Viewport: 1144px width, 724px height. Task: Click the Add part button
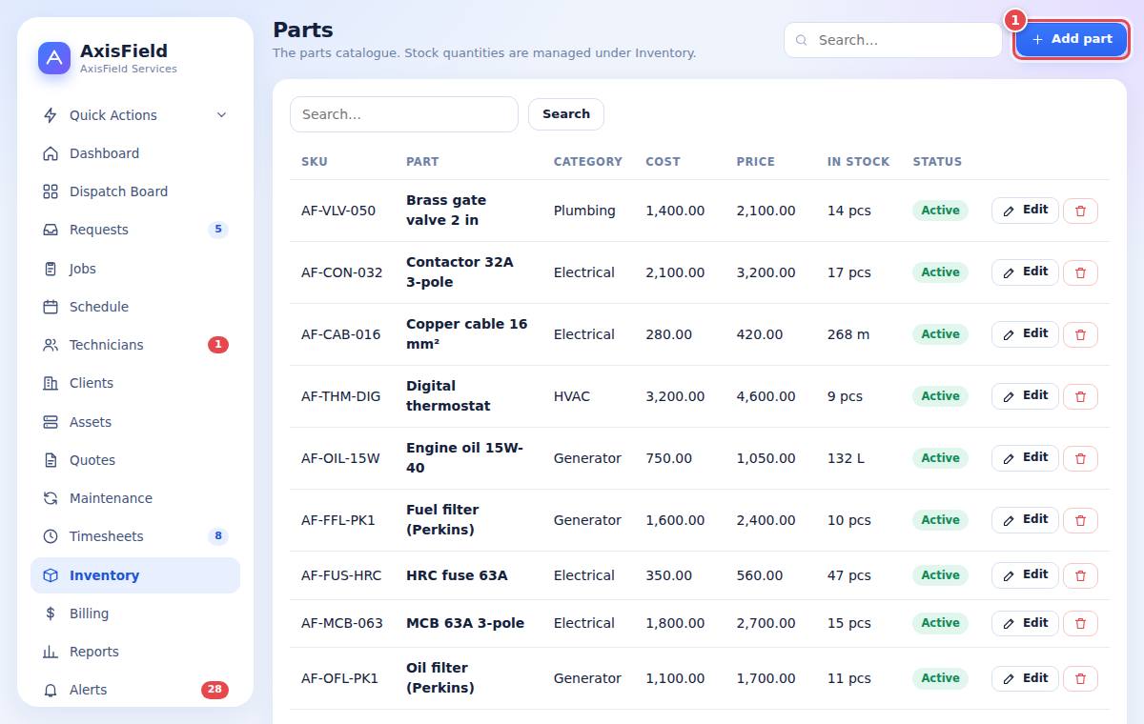tap(1071, 39)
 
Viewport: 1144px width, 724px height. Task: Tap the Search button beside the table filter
tap(566, 114)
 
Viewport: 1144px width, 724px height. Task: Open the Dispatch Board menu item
tap(118, 191)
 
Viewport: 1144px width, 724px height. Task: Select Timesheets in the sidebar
tap(106, 536)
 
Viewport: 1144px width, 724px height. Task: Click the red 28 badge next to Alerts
tap(214, 690)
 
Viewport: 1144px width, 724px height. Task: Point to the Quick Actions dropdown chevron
tap(221, 115)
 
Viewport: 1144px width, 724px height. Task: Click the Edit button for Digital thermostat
tap(1025, 396)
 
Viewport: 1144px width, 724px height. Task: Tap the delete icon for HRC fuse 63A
tap(1080, 575)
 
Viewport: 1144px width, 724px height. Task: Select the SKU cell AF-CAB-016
tap(340, 334)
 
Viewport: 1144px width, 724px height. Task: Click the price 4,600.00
tap(766, 396)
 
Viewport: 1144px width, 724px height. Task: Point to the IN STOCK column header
tap(858, 162)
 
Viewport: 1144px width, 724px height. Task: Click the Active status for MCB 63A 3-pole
tap(940, 623)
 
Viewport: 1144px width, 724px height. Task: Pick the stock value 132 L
tap(846, 458)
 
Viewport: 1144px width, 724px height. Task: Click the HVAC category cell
tap(571, 396)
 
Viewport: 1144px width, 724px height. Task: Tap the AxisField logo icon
tap(54, 58)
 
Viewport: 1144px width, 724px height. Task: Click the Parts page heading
tap(303, 30)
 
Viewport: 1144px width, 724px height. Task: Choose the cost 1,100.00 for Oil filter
tap(675, 678)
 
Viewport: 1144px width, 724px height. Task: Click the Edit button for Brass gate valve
tap(1025, 211)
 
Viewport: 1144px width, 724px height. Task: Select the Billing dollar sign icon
tap(50, 613)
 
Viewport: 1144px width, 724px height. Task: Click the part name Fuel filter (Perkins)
tap(442, 520)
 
